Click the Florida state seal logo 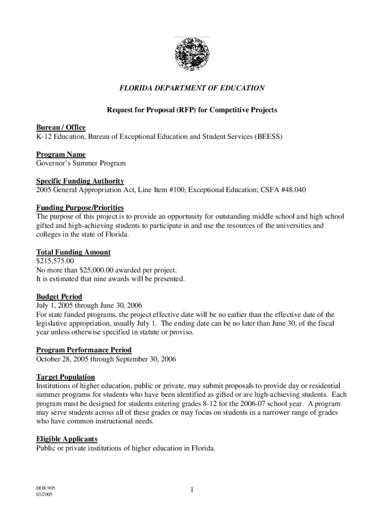tap(192, 54)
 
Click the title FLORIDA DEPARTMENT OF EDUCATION tap(192, 88)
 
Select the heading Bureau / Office tap(61, 128)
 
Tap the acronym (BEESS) tap(267, 136)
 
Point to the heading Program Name tap(61, 154)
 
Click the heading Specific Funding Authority tap(80, 181)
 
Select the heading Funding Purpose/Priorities tap(80, 208)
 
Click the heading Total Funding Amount tap(73, 252)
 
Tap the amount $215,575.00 tap(55, 261)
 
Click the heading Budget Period tap(59, 296)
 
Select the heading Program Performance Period tap(84, 350)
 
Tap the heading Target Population tap(65, 377)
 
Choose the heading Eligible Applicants tap(66, 439)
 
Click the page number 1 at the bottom tap(192, 491)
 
